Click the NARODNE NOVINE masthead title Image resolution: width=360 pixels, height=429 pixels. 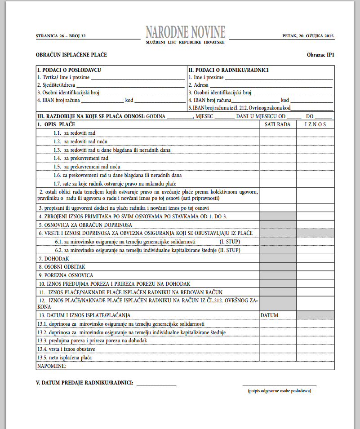point(185,31)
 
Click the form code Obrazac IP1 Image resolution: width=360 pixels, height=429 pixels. point(321,55)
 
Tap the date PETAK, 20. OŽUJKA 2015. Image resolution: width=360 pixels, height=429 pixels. point(308,35)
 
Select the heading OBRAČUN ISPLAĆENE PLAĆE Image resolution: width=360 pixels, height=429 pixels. point(71,55)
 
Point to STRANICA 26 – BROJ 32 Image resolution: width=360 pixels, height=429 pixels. point(61,35)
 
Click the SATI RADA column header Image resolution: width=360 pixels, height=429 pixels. point(277,124)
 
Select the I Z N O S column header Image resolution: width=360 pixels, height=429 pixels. point(315,124)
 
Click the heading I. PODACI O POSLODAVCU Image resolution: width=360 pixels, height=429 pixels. point(69,70)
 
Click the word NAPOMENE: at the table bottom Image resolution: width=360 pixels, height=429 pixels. point(52,366)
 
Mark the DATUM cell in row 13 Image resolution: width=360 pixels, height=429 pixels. point(270,315)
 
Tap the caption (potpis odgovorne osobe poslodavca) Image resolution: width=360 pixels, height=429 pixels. point(280,391)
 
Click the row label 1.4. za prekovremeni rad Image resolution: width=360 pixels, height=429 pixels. point(81,158)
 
